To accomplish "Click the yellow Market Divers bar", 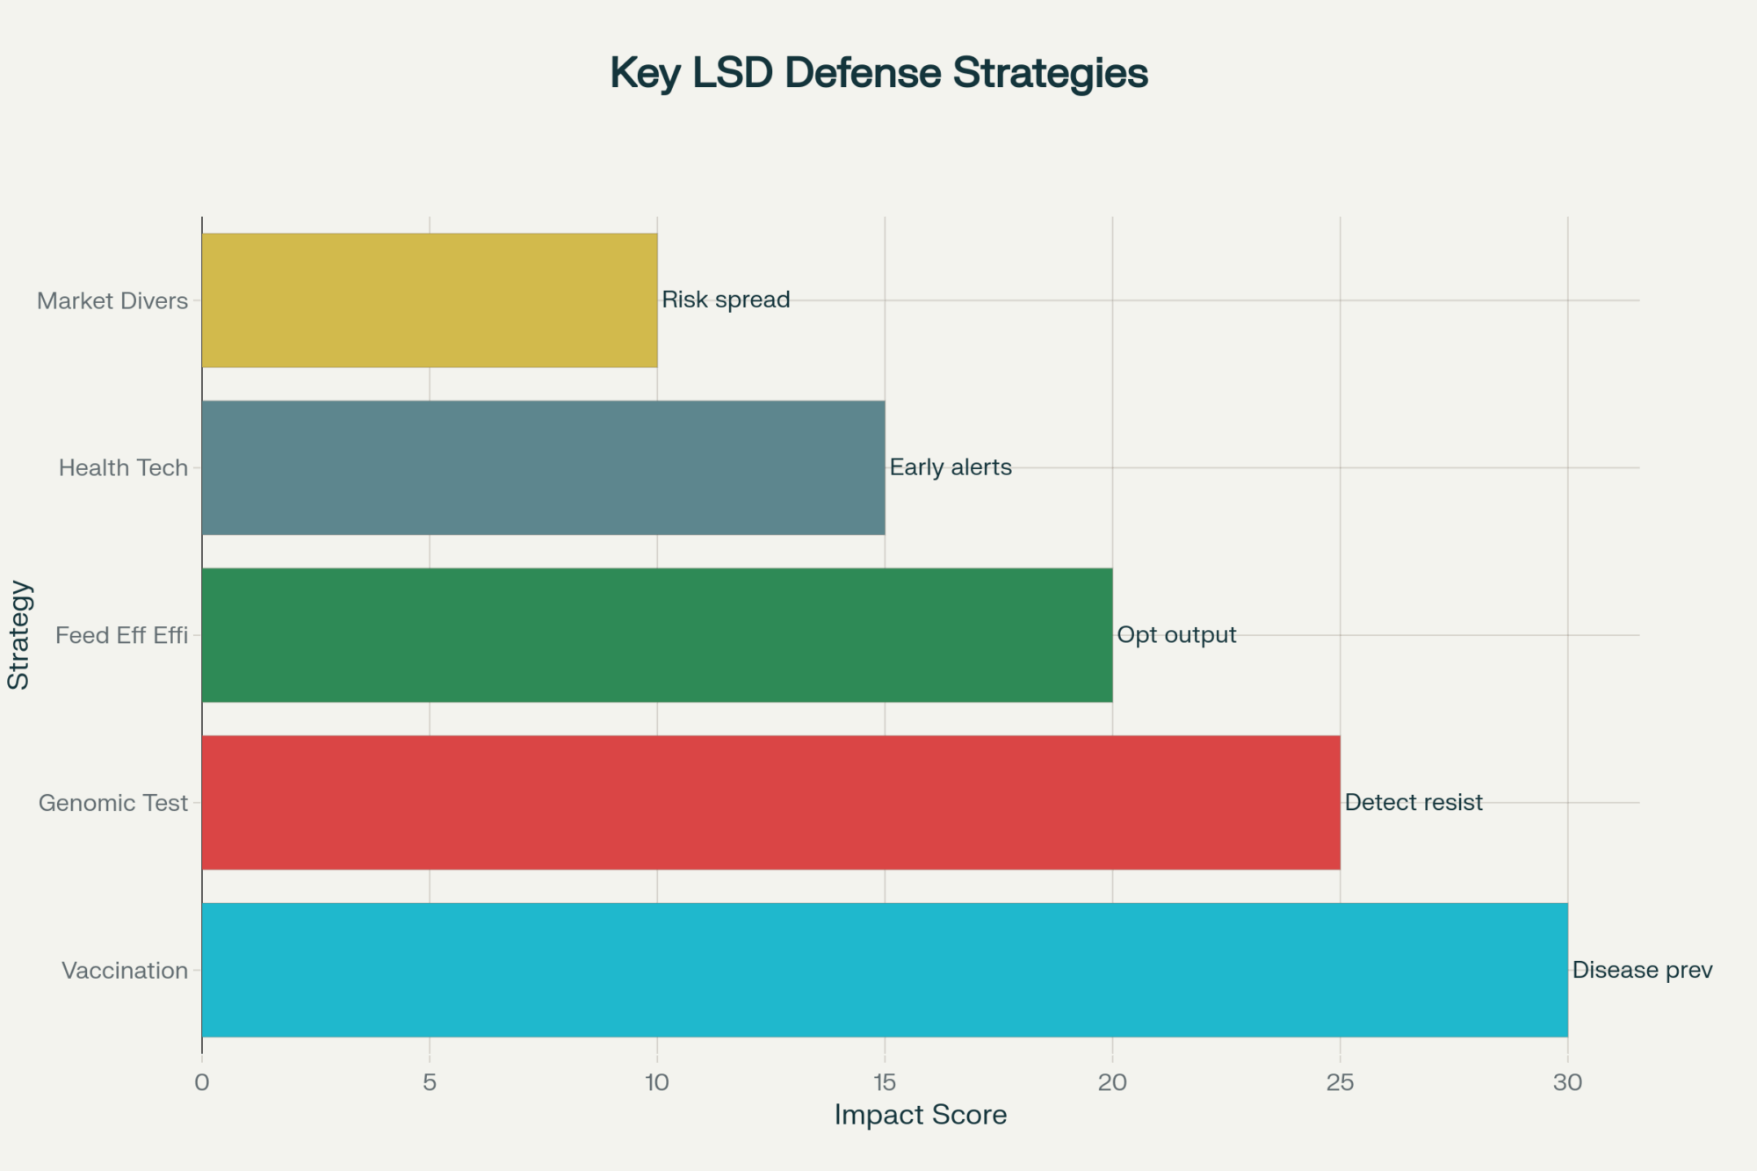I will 429,300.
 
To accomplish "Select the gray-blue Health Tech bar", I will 543,467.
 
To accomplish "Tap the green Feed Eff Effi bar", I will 656,635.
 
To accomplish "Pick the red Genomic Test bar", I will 770,802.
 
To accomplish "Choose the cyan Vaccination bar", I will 884,970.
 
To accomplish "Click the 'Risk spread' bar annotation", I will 726,300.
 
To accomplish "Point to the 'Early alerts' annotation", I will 951,467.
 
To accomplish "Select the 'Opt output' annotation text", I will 1176,634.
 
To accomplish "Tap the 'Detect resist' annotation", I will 1414,802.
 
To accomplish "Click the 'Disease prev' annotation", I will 1642,970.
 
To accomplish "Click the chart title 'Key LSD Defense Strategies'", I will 878,73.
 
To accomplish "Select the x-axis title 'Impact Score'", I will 920,1115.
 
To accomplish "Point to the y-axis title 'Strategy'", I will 19,635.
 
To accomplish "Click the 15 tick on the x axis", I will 885,1082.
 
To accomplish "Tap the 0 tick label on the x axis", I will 202,1082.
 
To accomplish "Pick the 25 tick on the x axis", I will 1340,1082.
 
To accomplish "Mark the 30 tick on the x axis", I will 1567,1082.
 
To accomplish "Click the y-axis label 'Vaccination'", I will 125,971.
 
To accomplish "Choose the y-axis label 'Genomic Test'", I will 113,803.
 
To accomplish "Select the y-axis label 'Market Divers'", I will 112,301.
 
